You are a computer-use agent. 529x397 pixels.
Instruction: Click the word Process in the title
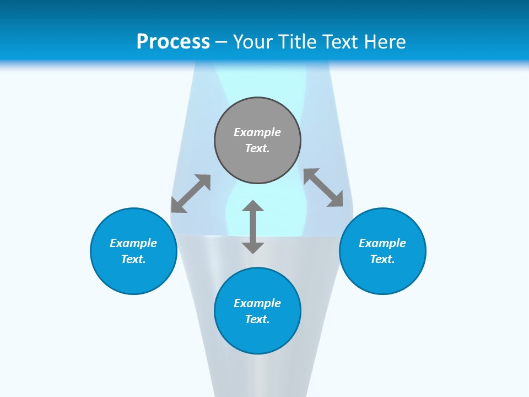(173, 42)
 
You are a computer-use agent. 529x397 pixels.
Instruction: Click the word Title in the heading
(299, 42)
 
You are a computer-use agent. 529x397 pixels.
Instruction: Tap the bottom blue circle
(257, 336)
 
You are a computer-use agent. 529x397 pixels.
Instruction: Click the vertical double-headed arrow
(253, 227)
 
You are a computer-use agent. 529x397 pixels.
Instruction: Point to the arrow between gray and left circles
(191, 193)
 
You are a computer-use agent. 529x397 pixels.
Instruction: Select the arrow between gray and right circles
(323, 187)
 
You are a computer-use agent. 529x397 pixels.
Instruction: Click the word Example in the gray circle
(257, 132)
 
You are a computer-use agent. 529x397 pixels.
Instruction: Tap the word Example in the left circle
(133, 243)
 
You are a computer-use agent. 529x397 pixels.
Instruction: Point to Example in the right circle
(382, 243)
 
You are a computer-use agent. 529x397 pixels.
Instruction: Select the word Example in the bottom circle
(257, 303)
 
